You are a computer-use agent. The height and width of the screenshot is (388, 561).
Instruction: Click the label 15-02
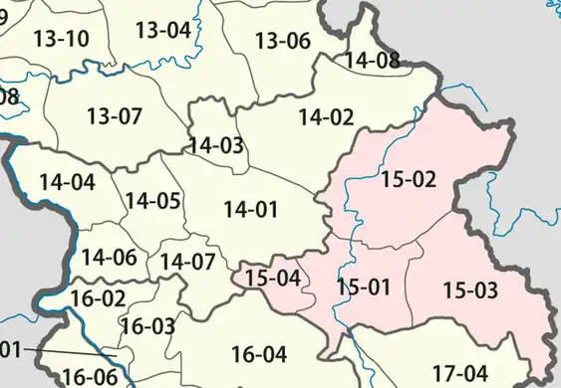[x=409, y=180]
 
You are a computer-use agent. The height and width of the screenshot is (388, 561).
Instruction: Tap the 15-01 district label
[x=364, y=288]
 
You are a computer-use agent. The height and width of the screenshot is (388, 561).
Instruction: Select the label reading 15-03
[x=469, y=291]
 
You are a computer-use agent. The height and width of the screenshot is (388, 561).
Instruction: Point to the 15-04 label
[x=273, y=278]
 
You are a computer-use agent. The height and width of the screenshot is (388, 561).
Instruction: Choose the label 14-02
[x=326, y=116]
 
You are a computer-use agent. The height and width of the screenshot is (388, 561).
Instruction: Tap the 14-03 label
[x=216, y=145]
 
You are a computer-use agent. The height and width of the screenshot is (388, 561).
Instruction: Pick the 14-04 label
[x=68, y=182]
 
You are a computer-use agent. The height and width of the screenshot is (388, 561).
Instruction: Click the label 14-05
[x=152, y=201]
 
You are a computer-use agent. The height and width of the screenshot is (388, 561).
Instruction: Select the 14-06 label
[x=109, y=257]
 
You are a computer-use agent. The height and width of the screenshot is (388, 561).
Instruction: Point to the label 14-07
[x=187, y=263]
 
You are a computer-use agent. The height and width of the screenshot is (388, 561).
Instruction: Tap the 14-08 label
[x=372, y=60]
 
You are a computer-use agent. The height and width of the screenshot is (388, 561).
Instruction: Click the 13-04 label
[x=162, y=30]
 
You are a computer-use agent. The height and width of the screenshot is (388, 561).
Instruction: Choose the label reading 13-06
[x=283, y=41]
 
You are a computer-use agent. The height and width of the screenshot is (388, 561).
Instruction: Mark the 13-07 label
[x=115, y=116]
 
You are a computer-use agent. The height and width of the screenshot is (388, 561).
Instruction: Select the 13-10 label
[x=62, y=40]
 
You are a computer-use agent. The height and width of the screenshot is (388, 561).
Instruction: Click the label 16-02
[x=98, y=297]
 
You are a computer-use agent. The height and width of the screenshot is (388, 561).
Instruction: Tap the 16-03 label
[x=147, y=325]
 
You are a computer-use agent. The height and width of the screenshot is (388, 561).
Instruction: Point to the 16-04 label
[x=259, y=353]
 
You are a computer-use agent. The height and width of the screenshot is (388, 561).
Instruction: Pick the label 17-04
[x=461, y=371]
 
